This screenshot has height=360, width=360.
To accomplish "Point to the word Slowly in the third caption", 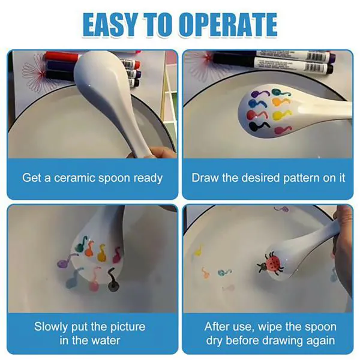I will click(52, 327).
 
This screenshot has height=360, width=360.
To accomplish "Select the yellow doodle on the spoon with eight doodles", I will click(280, 115).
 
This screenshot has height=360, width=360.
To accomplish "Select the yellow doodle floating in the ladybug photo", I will click(199, 252).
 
